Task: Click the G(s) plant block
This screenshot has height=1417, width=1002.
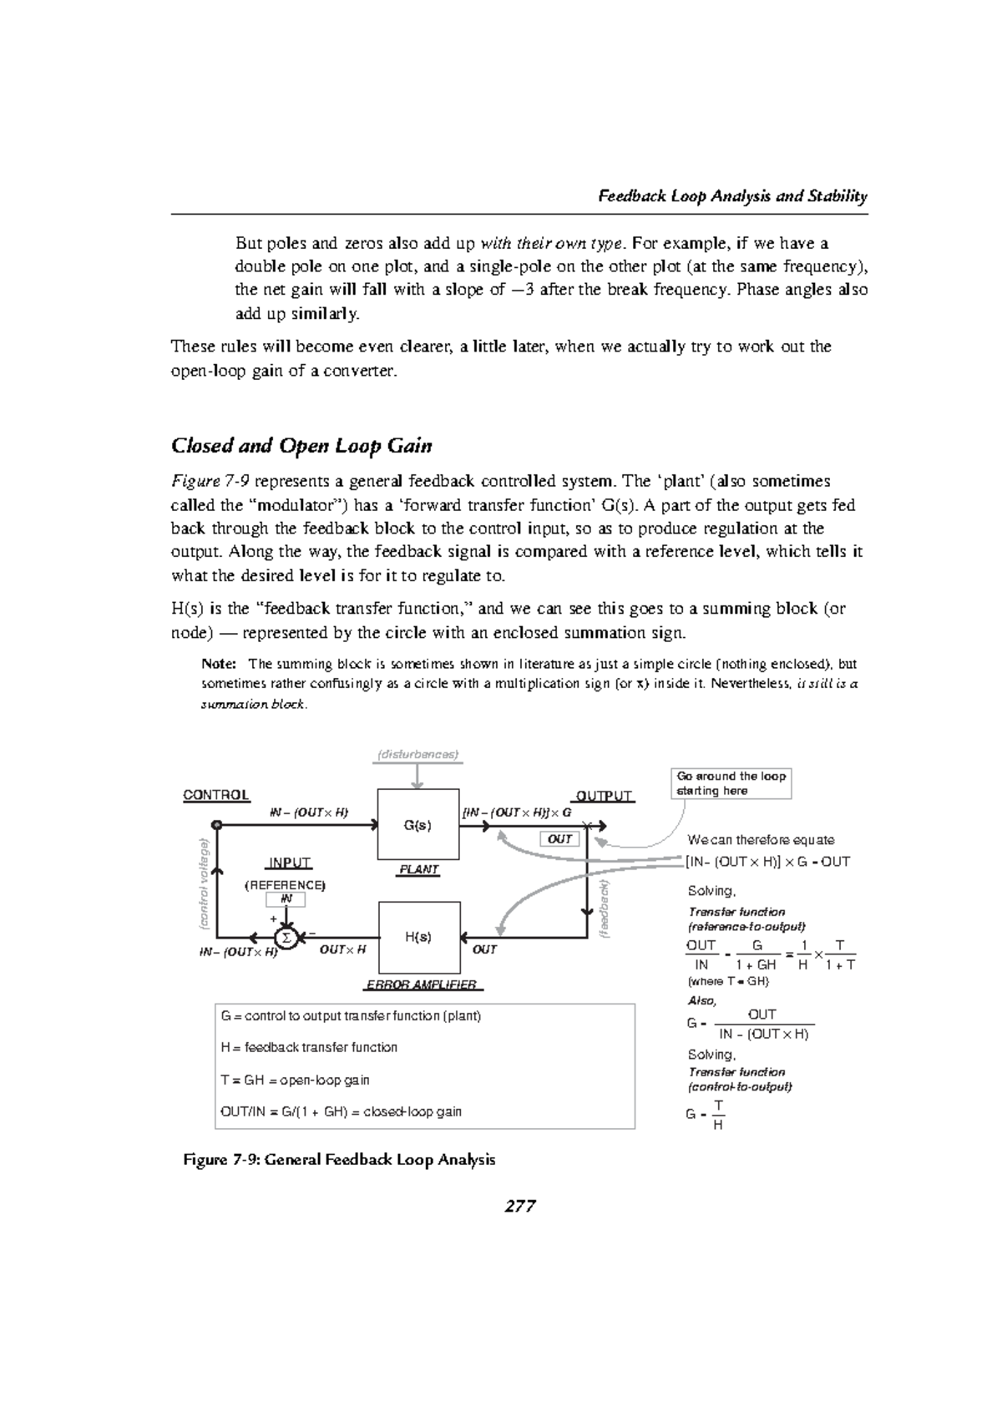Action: (x=418, y=824)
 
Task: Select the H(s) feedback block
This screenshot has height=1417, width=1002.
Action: (x=419, y=936)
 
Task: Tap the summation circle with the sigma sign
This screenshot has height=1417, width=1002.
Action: (x=286, y=937)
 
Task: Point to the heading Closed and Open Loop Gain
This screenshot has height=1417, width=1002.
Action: (x=301, y=445)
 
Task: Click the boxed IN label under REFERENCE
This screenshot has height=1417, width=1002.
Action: (x=286, y=899)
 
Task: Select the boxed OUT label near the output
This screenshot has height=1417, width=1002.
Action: (x=559, y=838)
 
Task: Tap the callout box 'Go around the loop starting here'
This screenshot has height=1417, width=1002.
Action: (x=731, y=783)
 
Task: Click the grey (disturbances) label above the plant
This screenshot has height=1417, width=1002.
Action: (x=417, y=754)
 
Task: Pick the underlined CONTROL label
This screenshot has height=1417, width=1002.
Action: (x=216, y=795)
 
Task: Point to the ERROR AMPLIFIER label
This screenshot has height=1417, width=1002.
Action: (x=422, y=984)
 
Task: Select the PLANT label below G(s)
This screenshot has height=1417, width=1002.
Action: (x=418, y=869)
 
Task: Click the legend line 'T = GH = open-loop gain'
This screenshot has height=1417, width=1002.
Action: (x=295, y=1080)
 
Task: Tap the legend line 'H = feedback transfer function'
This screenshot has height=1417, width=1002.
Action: (x=309, y=1047)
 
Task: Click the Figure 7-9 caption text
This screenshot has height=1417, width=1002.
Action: (x=339, y=1160)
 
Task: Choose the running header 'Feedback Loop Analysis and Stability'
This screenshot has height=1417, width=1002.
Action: (x=733, y=197)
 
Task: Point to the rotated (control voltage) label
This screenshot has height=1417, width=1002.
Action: (x=202, y=883)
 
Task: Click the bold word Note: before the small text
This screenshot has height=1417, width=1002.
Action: (x=220, y=665)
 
